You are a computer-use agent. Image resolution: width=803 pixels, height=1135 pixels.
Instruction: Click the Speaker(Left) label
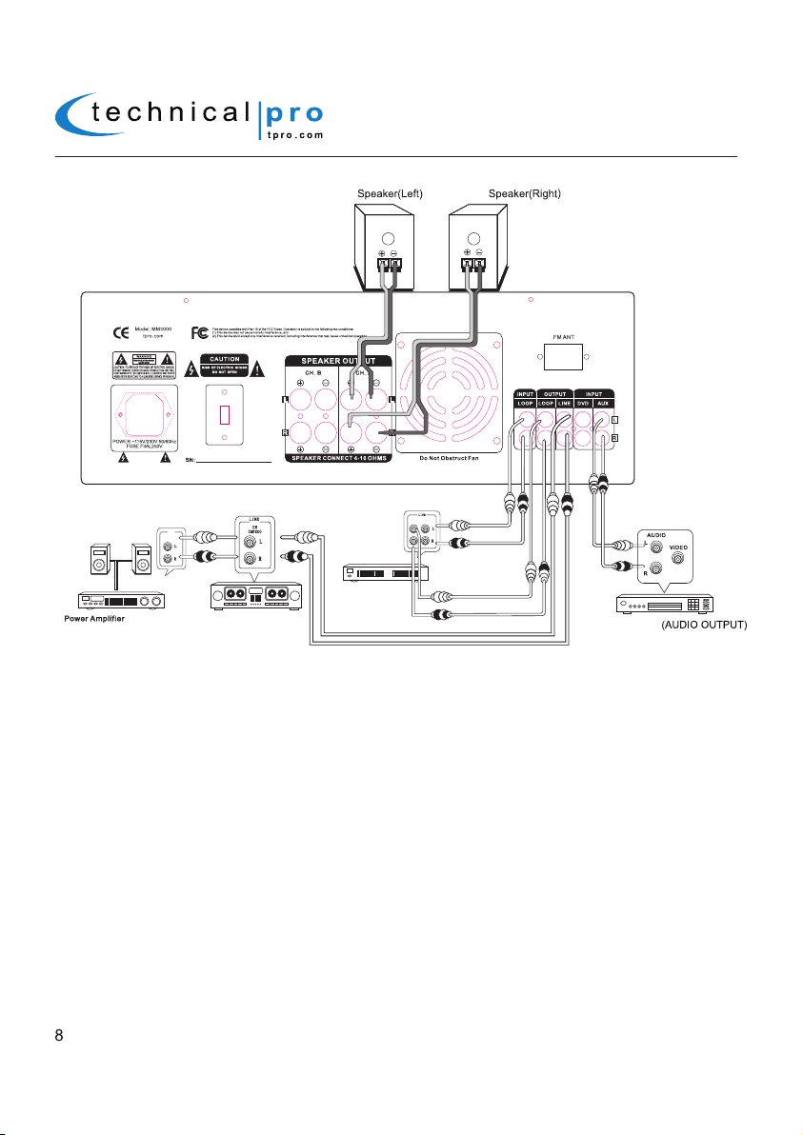(390, 194)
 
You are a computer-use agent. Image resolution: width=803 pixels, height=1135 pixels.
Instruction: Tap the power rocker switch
(227, 416)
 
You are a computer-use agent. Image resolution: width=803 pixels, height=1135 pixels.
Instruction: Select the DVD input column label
(583, 404)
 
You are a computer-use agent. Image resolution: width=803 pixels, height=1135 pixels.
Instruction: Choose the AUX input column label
(604, 404)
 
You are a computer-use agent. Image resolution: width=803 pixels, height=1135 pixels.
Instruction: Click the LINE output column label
(563, 404)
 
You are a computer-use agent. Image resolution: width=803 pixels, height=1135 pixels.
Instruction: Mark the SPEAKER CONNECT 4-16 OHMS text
(340, 470)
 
